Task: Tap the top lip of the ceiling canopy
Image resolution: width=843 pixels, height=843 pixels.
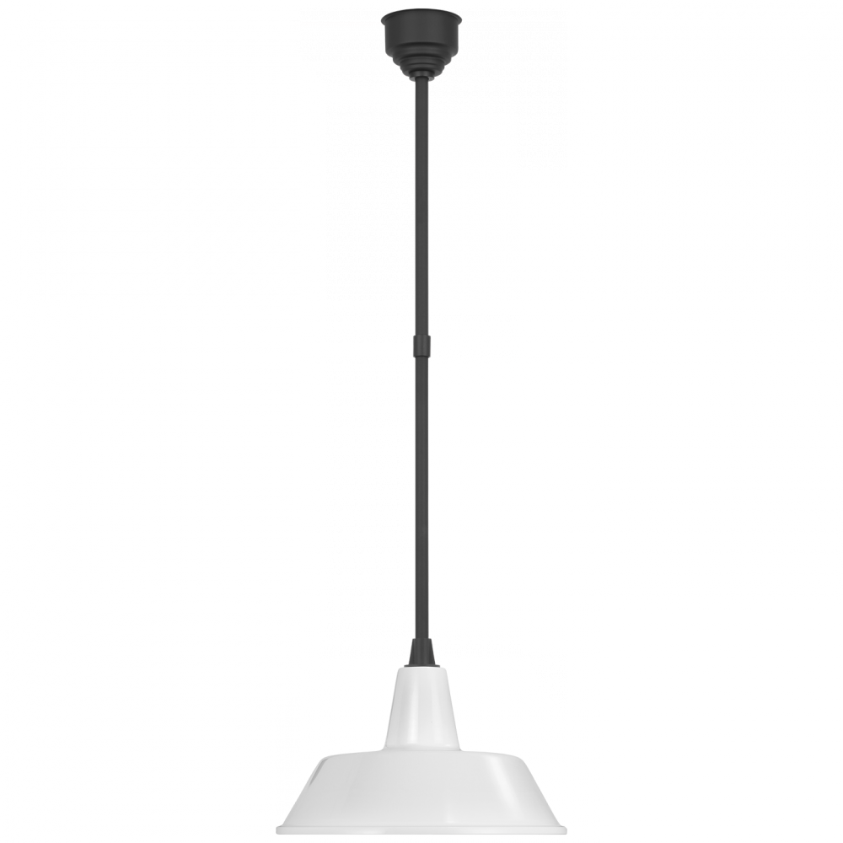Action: pyautogui.click(x=421, y=12)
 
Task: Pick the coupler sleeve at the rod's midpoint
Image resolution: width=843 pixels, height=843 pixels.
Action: pyautogui.click(x=421, y=343)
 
